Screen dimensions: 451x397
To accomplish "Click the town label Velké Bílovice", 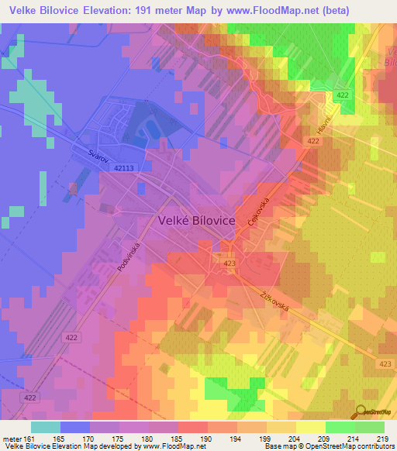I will [196, 220].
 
